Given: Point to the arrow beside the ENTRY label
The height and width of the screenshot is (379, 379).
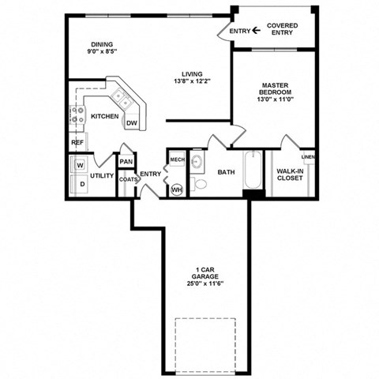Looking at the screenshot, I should [257, 31].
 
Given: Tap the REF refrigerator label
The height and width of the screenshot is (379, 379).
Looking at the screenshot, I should [77, 143].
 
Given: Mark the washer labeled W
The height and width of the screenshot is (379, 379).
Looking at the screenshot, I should [81, 165].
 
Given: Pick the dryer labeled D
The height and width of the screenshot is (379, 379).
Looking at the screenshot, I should [81, 184].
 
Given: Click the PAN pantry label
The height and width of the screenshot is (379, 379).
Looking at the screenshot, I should [126, 163].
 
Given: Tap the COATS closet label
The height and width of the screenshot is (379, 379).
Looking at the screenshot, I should [128, 179].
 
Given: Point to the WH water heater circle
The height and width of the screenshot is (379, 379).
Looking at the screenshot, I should [177, 188].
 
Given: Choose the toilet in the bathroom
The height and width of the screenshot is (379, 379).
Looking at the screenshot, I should [200, 184].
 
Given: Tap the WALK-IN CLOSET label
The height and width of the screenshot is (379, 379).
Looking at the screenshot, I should [290, 174].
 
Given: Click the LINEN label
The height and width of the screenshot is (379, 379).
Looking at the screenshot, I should [308, 156].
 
